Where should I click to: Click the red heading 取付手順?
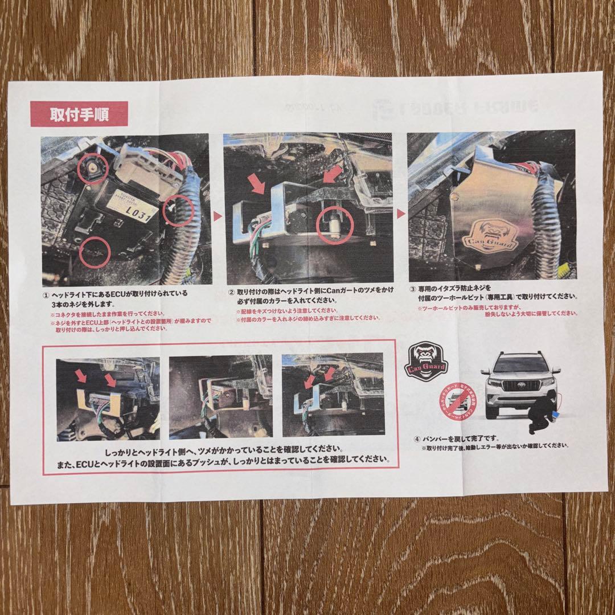(79, 112)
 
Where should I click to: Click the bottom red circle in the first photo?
(94, 254)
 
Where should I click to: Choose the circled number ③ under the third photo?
(413, 288)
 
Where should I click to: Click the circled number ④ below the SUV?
(418, 438)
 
